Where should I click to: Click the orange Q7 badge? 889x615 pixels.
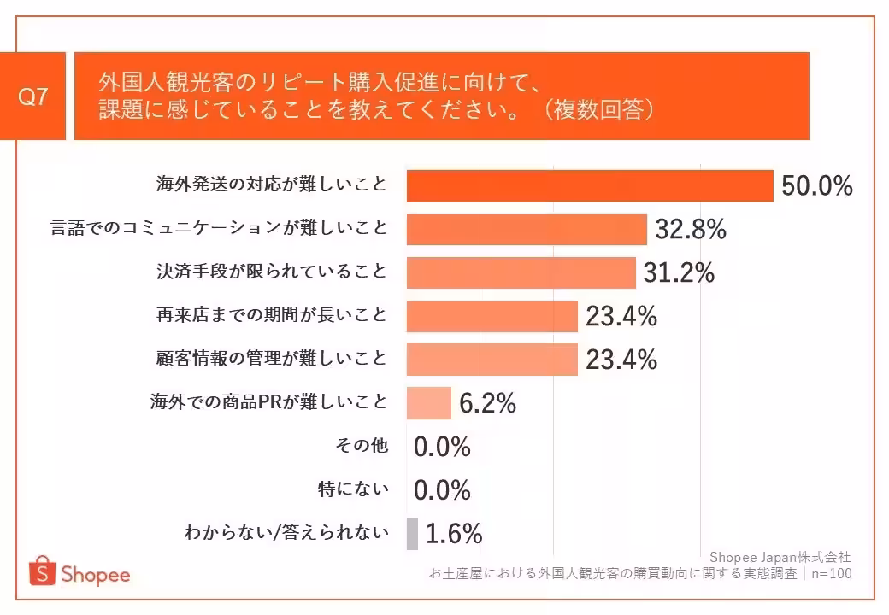pyautogui.click(x=32, y=97)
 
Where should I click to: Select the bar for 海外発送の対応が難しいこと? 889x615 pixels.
pyautogui.click(x=590, y=185)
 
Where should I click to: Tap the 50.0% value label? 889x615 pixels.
pyautogui.click(x=817, y=186)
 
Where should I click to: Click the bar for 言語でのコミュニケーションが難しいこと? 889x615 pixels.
pyautogui.click(x=527, y=229)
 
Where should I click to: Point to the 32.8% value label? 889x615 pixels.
pyautogui.click(x=691, y=229)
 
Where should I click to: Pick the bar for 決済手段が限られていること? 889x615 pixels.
pyautogui.click(x=521, y=272)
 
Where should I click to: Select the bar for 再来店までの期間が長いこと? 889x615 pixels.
pyautogui.click(x=492, y=316)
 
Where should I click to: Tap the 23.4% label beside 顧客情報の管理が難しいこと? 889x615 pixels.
pyautogui.click(x=621, y=360)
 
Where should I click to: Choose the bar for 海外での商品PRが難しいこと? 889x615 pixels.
pyautogui.click(x=429, y=403)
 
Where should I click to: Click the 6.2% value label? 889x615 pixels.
pyautogui.click(x=487, y=403)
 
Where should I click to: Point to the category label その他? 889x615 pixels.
pyautogui.click(x=363, y=446)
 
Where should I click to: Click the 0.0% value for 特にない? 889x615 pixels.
pyautogui.click(x=443, y=490)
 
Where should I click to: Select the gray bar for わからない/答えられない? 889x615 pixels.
pyautogui.click(x=412, y=534)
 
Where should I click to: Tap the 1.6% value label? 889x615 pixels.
pyautogui.click(x=454, y=534)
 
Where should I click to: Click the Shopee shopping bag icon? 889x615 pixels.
pyautogui.click(x=41, y=571)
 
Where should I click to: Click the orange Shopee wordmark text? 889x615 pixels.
pyautogui.click(x=95, y=574)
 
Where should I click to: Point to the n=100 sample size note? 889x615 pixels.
pyautogui.click(x=830, y=573)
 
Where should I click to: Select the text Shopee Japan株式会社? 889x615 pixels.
pyautogui.click(x=780, y=557)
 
